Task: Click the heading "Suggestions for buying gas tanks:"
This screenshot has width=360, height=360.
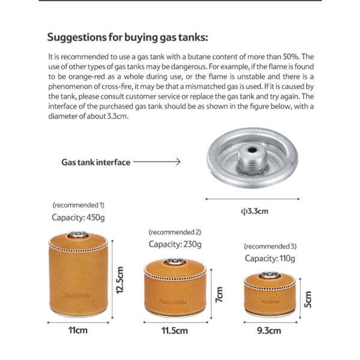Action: click(127, 37)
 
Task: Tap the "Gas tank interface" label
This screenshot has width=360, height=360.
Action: click(96, 162)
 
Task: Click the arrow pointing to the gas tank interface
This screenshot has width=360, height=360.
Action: click(157, 162)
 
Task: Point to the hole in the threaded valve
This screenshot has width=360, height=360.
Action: click(252, 150)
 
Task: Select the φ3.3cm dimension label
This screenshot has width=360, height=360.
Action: click(254, 211)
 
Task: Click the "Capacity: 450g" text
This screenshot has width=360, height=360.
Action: click(78, 217)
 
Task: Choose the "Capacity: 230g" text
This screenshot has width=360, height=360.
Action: click(175, 244)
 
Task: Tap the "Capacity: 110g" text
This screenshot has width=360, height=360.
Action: click(270, 258)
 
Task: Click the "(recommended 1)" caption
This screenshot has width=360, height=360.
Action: click(78, 205)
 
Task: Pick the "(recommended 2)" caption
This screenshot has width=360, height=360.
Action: click(175, 232)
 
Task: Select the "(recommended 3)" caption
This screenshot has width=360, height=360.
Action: click(270, 246)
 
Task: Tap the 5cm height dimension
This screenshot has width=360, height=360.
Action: click(308, 299)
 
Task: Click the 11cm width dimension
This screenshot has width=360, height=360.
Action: click(78, 330)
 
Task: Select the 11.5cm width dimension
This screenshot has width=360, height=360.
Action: click(174, 330)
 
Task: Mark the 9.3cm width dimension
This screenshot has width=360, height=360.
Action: click(269, 330)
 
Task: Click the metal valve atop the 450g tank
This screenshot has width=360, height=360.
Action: click(78, 234)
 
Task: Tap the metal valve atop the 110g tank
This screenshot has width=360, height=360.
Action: click(270, 274)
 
